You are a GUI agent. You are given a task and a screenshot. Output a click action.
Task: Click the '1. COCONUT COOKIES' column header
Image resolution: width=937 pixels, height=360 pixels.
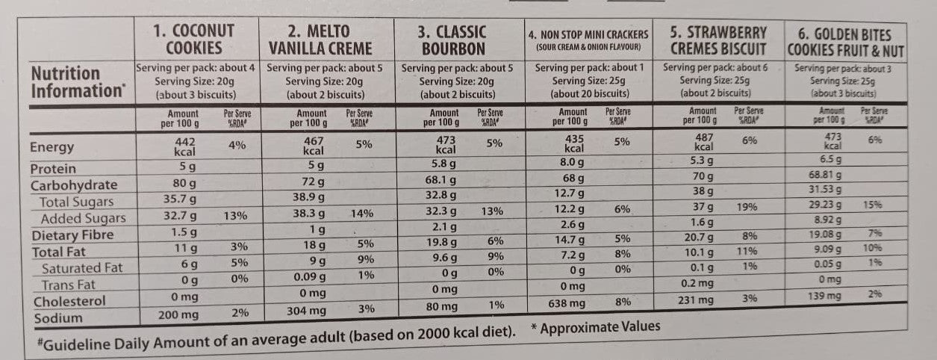pyautogui.click(x=193, y=40)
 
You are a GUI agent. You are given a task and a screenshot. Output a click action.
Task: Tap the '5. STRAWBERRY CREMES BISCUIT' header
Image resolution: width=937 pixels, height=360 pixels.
pyautogui.click(x=717, y=40)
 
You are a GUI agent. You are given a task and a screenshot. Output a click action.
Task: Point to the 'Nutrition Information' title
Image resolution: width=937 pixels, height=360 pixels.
pyautogui.click(x=76, y=81)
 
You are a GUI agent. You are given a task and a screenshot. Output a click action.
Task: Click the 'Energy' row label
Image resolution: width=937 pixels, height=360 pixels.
pyautogui.click(x=52, y=147)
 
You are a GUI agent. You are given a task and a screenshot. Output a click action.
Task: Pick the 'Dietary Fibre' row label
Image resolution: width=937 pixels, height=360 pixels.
pyautogui.click(x=72, y=235)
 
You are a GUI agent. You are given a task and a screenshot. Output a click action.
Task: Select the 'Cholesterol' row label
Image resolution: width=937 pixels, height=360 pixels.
pyautogui.click(x=68, y=301)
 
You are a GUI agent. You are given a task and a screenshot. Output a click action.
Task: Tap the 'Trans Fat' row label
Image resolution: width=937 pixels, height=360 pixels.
pyautogui.click(x=69, y=285)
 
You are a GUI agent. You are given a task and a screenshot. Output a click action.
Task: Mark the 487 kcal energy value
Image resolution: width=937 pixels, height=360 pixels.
pyautogui.click(x=703, y=142)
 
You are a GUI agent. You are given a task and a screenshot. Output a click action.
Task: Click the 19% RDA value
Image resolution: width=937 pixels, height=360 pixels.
pyautogui.click(x=747, y=207)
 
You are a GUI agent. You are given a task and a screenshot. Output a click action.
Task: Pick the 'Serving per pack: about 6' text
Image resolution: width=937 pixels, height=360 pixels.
pyautogui.click(x=717, y=67)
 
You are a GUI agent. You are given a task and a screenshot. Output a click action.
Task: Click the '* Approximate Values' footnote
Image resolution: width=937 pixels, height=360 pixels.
pyautogui.click(x=595, y=327)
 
